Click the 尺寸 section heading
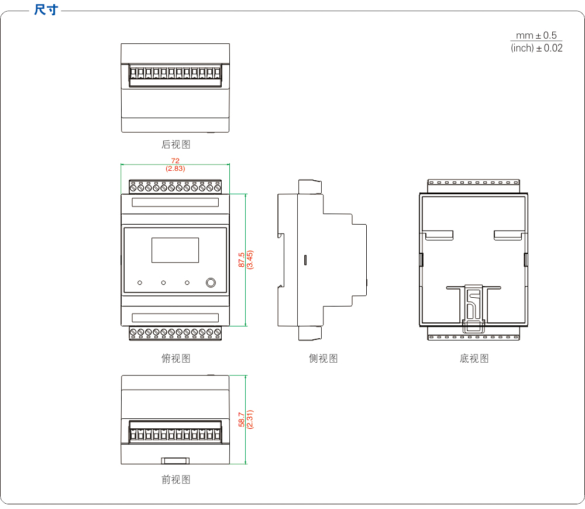[46, 9]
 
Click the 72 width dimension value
[175, 161]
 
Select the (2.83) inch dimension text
[175, 168]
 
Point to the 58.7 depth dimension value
[242, 419]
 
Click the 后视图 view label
[175, 144]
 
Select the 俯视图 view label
[175, 358]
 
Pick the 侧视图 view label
[323, 358]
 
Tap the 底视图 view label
[474, 358]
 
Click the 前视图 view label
[175, 480]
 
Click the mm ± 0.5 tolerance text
[536, 36]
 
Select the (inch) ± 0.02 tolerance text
[536, 48]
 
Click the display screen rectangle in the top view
[175, 250]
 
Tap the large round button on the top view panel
[211, 283]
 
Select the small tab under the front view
[175, 460]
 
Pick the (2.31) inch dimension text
[250, 419]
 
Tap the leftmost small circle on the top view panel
[140, 283]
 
